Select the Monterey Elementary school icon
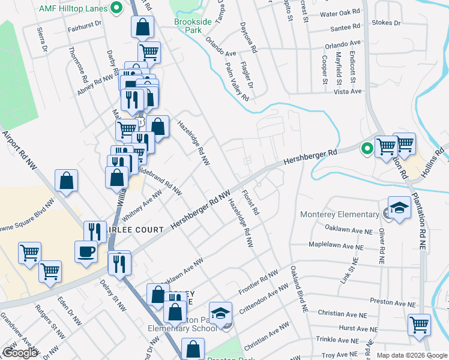[x=399, y=207]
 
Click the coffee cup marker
[x=85, y=251]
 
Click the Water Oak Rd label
[x=340, y=13]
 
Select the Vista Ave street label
[x=348, y=91]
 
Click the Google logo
[x=20, y=353]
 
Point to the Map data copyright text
[x=411, y=355]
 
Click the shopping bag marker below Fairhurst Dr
[x=142, y=27]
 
